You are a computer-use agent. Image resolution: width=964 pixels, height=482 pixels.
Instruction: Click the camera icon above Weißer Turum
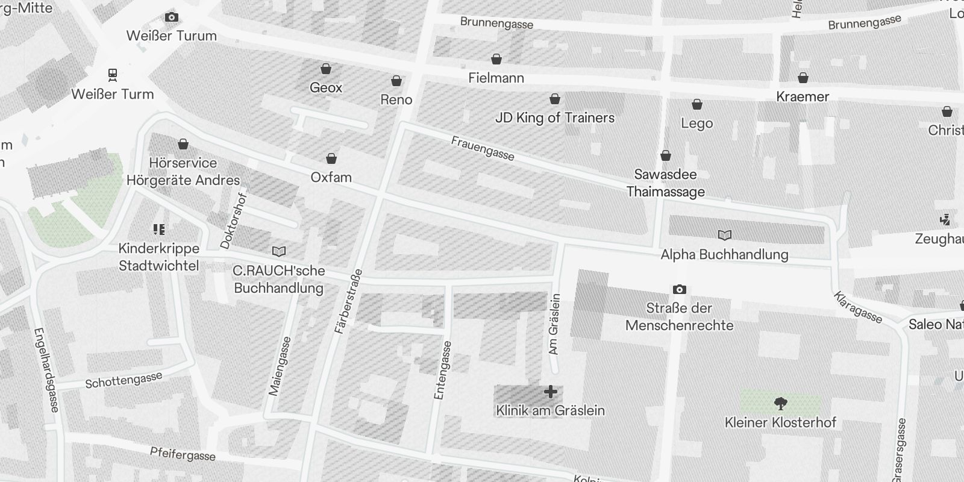click(172, 17)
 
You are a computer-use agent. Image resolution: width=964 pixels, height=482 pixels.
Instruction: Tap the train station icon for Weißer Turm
click(112, 75)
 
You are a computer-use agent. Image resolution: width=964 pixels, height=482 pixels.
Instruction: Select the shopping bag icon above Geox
click(326, 69)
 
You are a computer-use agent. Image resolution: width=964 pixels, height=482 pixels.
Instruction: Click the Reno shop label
click(396, 99)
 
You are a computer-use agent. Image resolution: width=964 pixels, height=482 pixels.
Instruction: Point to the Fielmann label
click(496, 78)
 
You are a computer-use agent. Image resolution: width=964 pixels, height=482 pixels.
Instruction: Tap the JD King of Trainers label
click(554, 117)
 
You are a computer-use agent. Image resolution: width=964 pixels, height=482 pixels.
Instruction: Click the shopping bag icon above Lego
click(697, 105)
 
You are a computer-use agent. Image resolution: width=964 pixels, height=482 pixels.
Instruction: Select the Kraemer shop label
click(803, 96)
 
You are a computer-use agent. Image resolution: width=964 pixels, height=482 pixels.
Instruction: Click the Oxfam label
click(331, 177)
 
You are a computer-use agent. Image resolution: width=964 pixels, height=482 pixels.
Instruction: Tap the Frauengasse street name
click(483, 148)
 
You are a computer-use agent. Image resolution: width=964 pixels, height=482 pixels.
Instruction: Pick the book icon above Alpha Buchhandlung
click(725, 235)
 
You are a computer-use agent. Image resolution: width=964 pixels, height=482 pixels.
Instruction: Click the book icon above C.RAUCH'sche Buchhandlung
click(279, 251)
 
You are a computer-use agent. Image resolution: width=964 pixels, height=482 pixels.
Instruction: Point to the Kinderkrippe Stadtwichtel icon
click(159, 229)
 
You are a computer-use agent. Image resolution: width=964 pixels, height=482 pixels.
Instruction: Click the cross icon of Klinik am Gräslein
click(550, 392)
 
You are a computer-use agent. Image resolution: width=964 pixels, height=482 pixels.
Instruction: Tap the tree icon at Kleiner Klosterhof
click(780, 403)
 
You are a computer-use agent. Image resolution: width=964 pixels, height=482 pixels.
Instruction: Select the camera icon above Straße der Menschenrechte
click(679, 290)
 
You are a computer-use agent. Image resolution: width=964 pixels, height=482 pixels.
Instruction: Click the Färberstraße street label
click(348, 301)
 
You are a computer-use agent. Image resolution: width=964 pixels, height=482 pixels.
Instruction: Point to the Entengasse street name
click(442, 370)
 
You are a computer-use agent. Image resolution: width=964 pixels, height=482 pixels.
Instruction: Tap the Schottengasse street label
click(124, 380)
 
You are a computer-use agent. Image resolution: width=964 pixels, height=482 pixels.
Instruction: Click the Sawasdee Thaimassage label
click(665, 183)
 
